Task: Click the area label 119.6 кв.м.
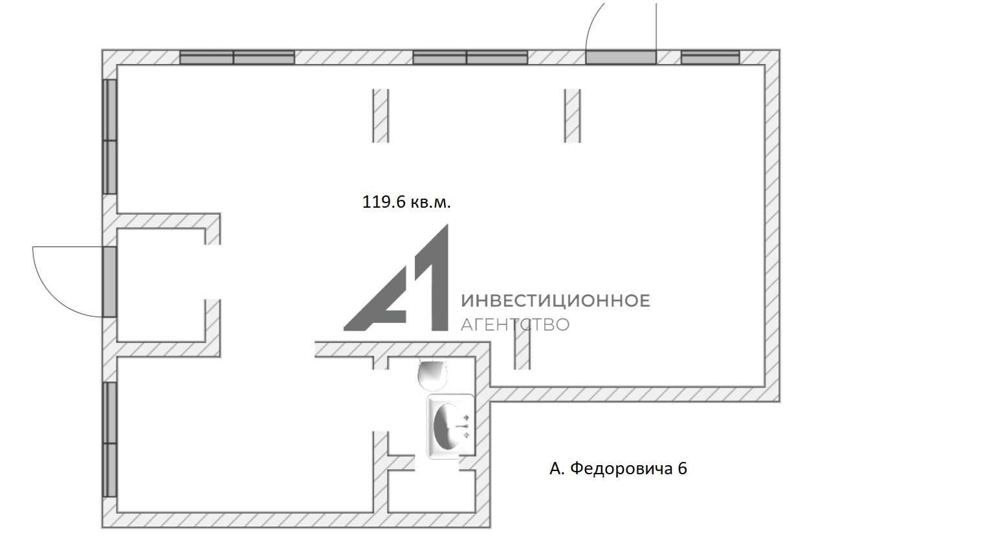tap(406, 203)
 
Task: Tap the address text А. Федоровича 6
tap(618, 468)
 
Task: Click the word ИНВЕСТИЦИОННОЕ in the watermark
tap(556, 301)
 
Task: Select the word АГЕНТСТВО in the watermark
tap(514, 325)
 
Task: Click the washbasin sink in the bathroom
tap(450, 426)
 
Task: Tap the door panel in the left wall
tap(109, 281)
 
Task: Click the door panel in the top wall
tap(621, 57)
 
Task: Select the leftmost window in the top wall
tap(237, 57)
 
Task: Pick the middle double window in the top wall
tap(470, 57)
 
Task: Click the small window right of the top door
tap(710, 57)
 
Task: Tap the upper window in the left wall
tap(109, 137)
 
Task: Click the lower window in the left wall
tap(109, 439)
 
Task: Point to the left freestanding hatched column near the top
tap(381, 116)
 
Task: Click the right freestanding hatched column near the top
tap(573, 116)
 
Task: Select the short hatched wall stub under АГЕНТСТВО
tap(522, 351)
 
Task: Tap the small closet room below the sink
tap(432, 491)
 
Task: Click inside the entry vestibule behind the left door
tap(160, 285)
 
